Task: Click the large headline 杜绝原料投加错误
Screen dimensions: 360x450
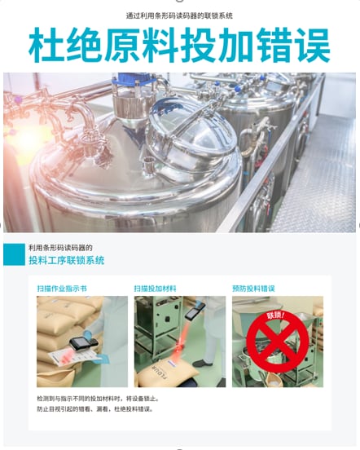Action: coord(179,45)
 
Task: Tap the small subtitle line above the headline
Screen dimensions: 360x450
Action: coord(179,15)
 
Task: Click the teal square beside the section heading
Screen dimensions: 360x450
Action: coord(14,254)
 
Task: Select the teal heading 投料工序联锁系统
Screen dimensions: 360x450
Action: coord(67,260)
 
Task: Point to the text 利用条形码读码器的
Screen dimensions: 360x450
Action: coord(60,248)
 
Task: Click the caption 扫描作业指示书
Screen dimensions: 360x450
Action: coord(62,289)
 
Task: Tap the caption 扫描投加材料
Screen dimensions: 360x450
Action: coord(155,289)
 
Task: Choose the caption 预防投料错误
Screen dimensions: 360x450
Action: coord(253,289)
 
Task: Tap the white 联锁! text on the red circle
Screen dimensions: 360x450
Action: coord(276,316)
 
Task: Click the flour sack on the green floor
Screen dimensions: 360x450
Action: coord(166,373)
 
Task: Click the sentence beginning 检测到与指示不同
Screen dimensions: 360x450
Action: coord(98,399)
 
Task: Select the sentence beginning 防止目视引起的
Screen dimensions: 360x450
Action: coord(94,409)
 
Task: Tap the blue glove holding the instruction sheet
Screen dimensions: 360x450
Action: coord(104,358)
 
